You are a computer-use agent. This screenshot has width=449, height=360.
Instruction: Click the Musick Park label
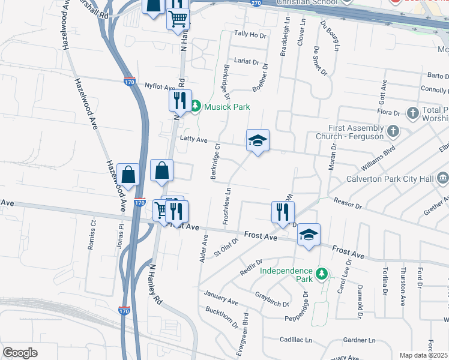coord(226,107)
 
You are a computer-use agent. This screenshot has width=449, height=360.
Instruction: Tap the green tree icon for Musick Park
coord(196,106)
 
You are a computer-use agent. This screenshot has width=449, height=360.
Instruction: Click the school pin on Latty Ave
coord(258,142)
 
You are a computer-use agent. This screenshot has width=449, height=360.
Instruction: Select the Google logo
coord(20,352)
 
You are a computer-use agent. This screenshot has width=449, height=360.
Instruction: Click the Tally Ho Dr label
coord(250,35)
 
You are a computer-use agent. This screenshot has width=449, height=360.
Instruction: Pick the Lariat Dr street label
coord(247,62)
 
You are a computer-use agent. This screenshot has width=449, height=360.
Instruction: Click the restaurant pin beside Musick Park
coord(180,101)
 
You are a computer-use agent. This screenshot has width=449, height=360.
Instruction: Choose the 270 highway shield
coord(256,3)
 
